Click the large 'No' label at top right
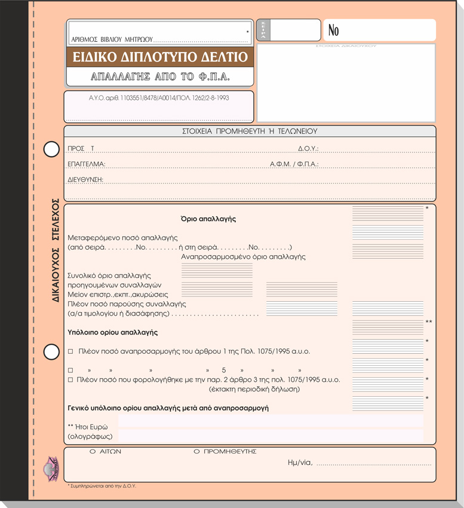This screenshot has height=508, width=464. (x=334, y=30)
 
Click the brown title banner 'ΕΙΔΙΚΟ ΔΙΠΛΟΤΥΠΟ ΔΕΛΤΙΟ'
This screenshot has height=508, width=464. (x=160, y=57)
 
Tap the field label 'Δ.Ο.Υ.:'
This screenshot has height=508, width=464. (x=308, y=148)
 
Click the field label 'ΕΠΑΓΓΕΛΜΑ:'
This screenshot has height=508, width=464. (x=87, y=164)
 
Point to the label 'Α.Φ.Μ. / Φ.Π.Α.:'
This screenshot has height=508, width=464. (x=294, y=164)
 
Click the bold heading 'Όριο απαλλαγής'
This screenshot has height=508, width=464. (x=208, y=219)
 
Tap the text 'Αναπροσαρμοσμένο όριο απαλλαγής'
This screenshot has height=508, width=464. (x=243, y=257)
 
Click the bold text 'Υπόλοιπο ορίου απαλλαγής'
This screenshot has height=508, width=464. (x=113, y=332)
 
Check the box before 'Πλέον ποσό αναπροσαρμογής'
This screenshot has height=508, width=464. (x=70, y=351)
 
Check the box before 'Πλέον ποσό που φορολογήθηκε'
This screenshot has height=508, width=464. (x=70, y=380)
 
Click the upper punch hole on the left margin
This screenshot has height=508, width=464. (x=51, y=149)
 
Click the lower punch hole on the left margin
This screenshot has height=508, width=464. (x=51, y=352)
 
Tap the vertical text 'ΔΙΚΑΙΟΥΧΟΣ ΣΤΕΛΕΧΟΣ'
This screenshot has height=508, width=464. (x=56, y=250)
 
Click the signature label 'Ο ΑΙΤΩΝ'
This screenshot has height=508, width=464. (x=105, y=452)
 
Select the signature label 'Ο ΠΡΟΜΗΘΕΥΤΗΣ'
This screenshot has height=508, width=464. (x=225, y=452)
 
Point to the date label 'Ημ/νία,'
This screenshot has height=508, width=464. (x=300, y=463)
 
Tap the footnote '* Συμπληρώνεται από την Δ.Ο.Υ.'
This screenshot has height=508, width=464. (x=102, y=486)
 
